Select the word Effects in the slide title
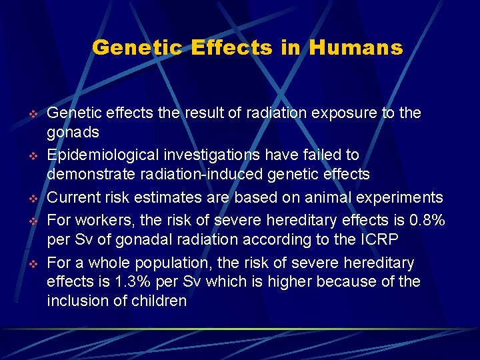click(x=231, y=48)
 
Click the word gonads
click(x=75, y=132)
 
